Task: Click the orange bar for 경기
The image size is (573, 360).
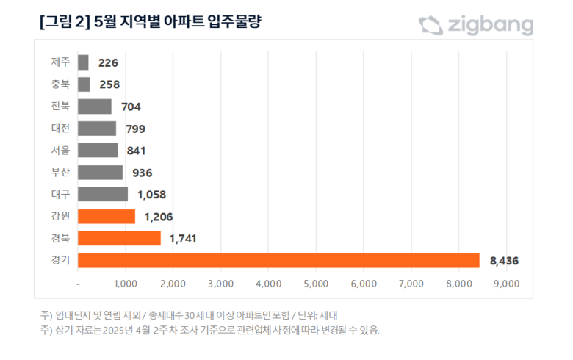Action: [278, 261]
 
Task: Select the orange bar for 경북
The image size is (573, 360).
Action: [118, 239]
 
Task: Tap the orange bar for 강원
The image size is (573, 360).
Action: [106, 217]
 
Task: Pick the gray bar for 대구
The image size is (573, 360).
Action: [102, 195]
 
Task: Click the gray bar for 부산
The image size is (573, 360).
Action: [99, 173]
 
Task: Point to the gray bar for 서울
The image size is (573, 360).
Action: [97, 151]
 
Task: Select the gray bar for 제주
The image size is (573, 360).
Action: [82, 62]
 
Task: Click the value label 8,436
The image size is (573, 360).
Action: [504, 261]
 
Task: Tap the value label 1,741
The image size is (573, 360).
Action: [183, 239]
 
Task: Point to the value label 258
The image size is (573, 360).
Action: [109, 84]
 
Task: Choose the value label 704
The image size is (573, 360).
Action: [130, 107]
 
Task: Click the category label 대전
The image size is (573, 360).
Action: [60, 129]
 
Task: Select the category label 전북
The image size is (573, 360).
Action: [60, 107]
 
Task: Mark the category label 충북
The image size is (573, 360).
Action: [60, 84]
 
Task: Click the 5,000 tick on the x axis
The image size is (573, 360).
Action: [316, 284]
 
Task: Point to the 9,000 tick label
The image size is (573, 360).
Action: [506, 284]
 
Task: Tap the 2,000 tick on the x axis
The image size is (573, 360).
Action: [173, 284]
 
